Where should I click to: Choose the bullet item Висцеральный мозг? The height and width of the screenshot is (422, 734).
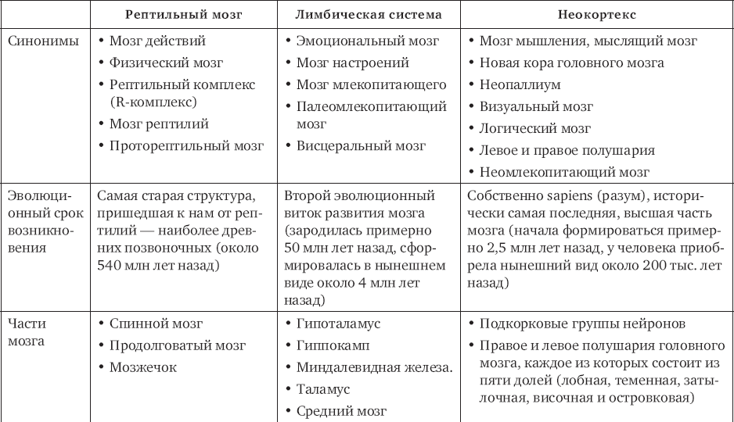point(361,145)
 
